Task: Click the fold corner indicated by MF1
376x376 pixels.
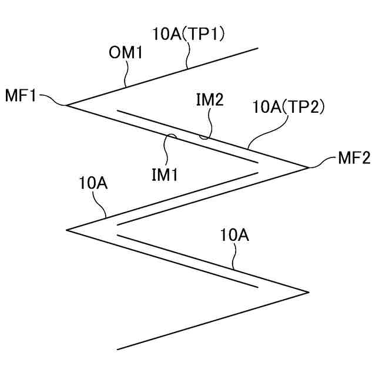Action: tap(67, 106)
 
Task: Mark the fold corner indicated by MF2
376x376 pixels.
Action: tap(308, 167)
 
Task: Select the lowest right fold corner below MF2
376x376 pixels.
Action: tap(308, 291)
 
